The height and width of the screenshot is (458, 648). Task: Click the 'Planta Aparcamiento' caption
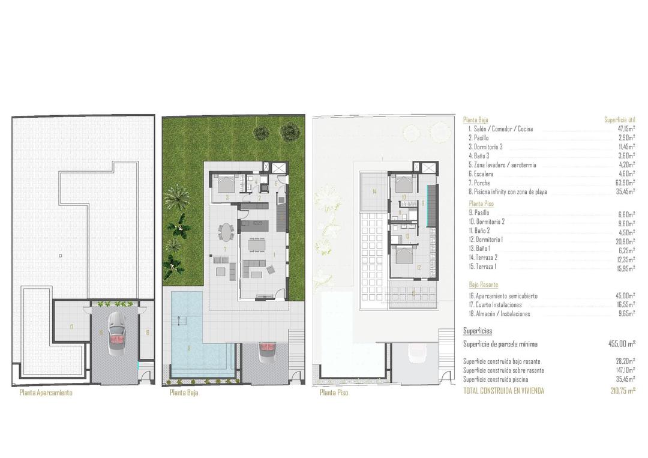click(x=46, y=393)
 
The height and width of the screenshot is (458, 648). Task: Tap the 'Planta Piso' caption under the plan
click(x=334, y=393)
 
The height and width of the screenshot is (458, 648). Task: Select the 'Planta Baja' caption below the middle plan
click(x=184, y=393)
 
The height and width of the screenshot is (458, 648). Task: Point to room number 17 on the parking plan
click(x=71, y=327)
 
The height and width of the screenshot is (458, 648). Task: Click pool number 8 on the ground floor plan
click(x=188, y=348)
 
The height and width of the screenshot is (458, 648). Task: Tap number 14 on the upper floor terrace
click(x=374, y=192)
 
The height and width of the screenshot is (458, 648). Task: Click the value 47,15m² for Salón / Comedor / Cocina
click(x=624, y=129)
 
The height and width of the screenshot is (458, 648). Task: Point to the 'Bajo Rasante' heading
click(x=484, y=285)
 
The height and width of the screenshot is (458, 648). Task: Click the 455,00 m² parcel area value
click(x=622, y=344)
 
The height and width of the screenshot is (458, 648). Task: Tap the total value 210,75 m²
click(x=622, y=391)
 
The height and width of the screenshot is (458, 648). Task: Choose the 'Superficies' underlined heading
click(x=478, y=331)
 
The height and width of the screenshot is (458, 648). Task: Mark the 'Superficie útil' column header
click(x=619, y=120)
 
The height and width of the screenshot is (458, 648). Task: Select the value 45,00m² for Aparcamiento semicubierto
click(x=624, y=296)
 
